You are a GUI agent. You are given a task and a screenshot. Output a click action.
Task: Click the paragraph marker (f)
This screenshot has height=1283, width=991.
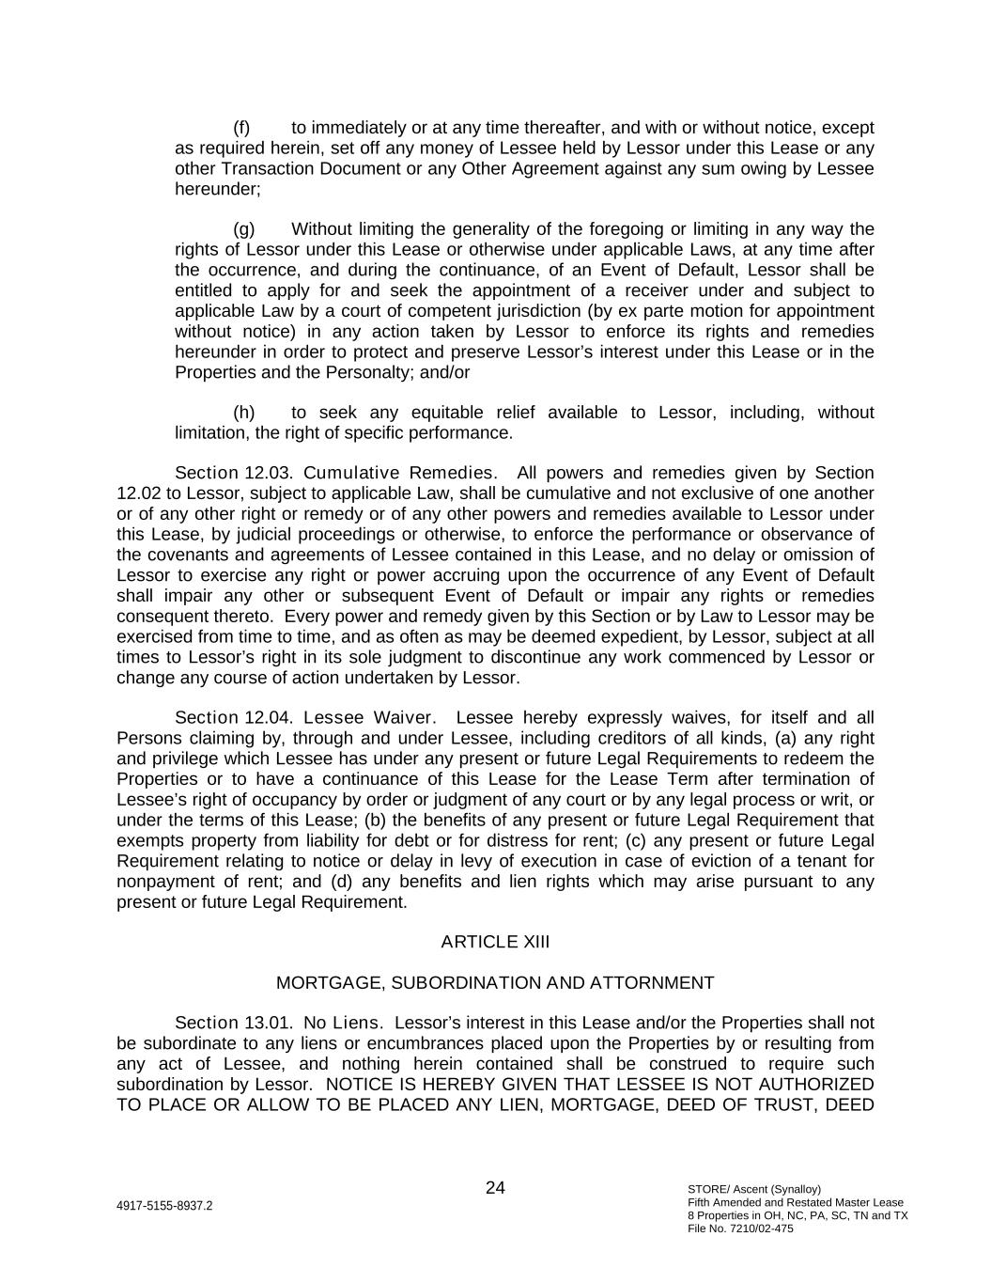pyautogui.click(x=241, y=128)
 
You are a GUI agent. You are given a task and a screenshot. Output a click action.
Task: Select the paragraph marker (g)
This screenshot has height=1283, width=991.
pyautogui.click(x=243, y=229)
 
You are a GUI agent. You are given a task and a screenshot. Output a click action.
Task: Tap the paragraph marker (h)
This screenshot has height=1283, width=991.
pyautogui.click(x=243, y=413)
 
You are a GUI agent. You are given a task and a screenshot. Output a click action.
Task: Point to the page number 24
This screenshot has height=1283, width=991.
pyautogui.click(x=495, y=1188)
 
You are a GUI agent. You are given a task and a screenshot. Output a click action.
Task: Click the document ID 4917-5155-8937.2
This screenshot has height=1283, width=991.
pyautogui.click(x=164, y=1206)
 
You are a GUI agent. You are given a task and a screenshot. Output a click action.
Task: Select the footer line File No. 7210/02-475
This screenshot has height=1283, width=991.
pyautogui.click(x=740, y=1228)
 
